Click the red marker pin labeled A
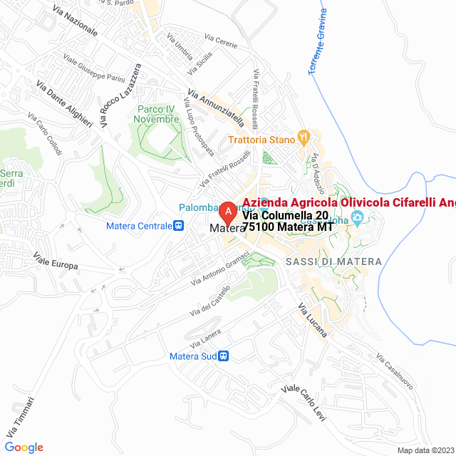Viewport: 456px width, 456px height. (227, 212)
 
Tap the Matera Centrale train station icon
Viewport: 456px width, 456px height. (178, 226)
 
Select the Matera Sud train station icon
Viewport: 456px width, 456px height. (223, 356)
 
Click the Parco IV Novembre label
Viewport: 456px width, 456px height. (157, 114)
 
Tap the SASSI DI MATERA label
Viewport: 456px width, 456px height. (333, 262)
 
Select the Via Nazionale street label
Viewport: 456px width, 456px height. (75, 22)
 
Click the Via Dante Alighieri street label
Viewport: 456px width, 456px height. (65, 103)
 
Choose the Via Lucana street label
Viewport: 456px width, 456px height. (312, 320)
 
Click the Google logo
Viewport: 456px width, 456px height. (24, 447)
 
